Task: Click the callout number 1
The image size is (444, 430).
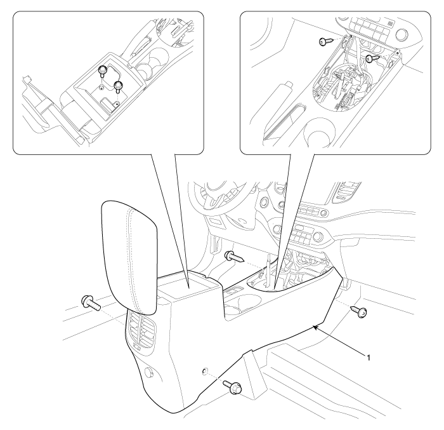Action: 369,358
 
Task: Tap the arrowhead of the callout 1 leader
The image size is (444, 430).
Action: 315,328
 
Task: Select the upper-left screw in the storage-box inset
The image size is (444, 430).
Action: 102,71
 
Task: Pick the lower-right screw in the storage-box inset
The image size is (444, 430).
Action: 118,86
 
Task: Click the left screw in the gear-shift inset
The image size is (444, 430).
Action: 324,41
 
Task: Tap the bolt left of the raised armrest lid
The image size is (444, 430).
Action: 91,303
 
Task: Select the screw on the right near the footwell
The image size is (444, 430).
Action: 359,311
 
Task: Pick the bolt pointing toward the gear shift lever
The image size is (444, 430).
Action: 234,257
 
